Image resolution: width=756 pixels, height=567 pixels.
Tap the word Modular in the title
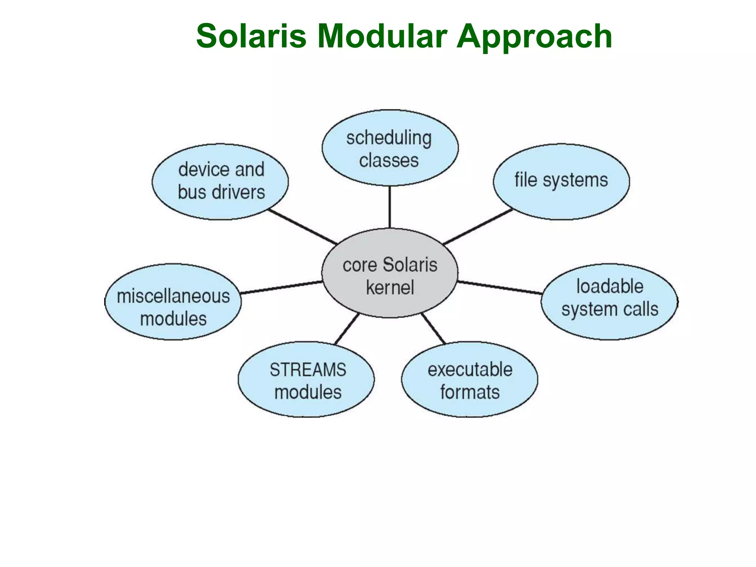[x=382, y=36]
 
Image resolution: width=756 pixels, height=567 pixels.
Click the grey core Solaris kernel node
[x=390, y=273]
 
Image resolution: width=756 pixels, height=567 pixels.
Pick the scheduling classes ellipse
[x=390, y=148]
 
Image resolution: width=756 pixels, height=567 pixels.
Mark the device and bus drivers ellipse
[x=220, y=182]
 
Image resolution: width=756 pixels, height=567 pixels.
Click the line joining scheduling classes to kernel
[x=390, y=207]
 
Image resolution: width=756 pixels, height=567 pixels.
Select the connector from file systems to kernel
[x=478, y=227]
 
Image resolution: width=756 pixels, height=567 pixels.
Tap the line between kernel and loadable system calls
[x=500, y=288]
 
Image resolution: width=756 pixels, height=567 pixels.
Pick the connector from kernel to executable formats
[x=433, y=329]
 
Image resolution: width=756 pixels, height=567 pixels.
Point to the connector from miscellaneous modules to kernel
[x=281, y=288]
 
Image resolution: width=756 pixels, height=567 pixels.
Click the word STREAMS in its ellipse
[x=308, y=370]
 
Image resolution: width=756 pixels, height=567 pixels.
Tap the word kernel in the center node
[x=390, y=288]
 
